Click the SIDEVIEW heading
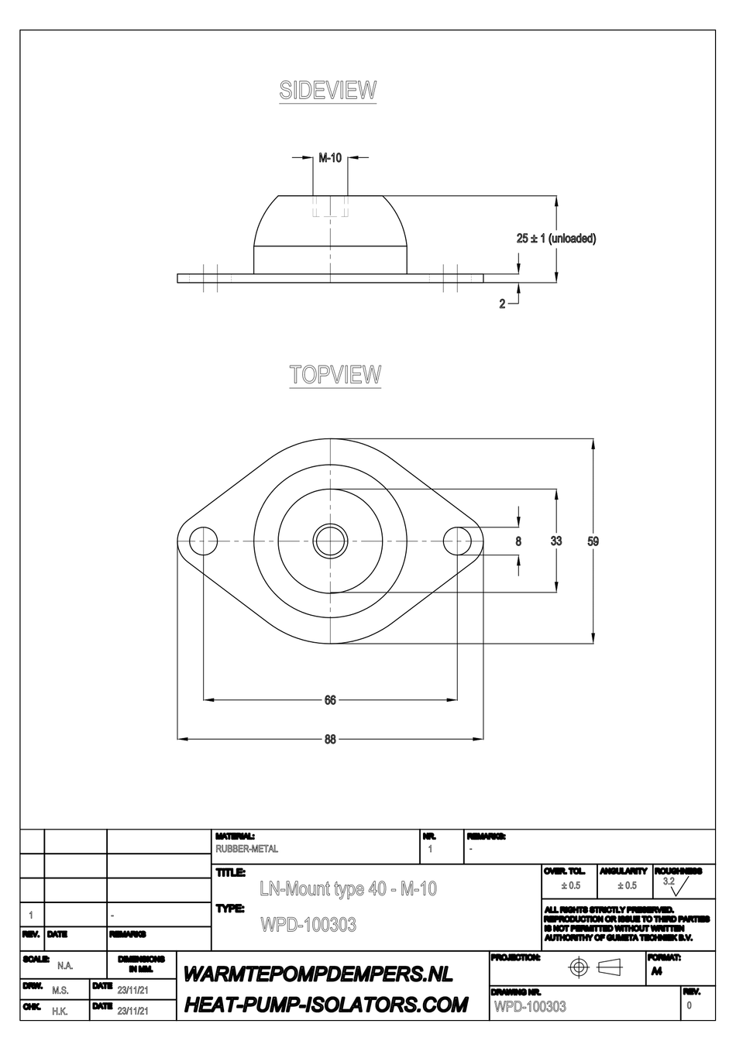[x=328, y=91]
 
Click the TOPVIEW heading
[x=335, y=374]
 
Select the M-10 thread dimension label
[x=330, y=158]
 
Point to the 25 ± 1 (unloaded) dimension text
[x=556, y=239]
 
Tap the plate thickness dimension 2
[x=502, y=304]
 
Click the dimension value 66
[x=330, y=700]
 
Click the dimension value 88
[x=330, y=740]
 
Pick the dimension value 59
[x=593, y=541]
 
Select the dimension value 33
[x=556, y=541]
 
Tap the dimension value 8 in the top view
[x=519, y=541]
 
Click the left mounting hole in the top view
[x=202, y=539]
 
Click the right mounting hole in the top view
[x=458, y=539]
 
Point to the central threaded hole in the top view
[x=330, y=539]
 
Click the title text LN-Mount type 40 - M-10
[x=348, y=889]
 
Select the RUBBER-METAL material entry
[x=246, y=849]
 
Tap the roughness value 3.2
[x=669, y=881]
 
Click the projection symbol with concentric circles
[x=579, y=967]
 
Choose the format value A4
[x=656, y=972]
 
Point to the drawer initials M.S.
[x=60, y=991]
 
